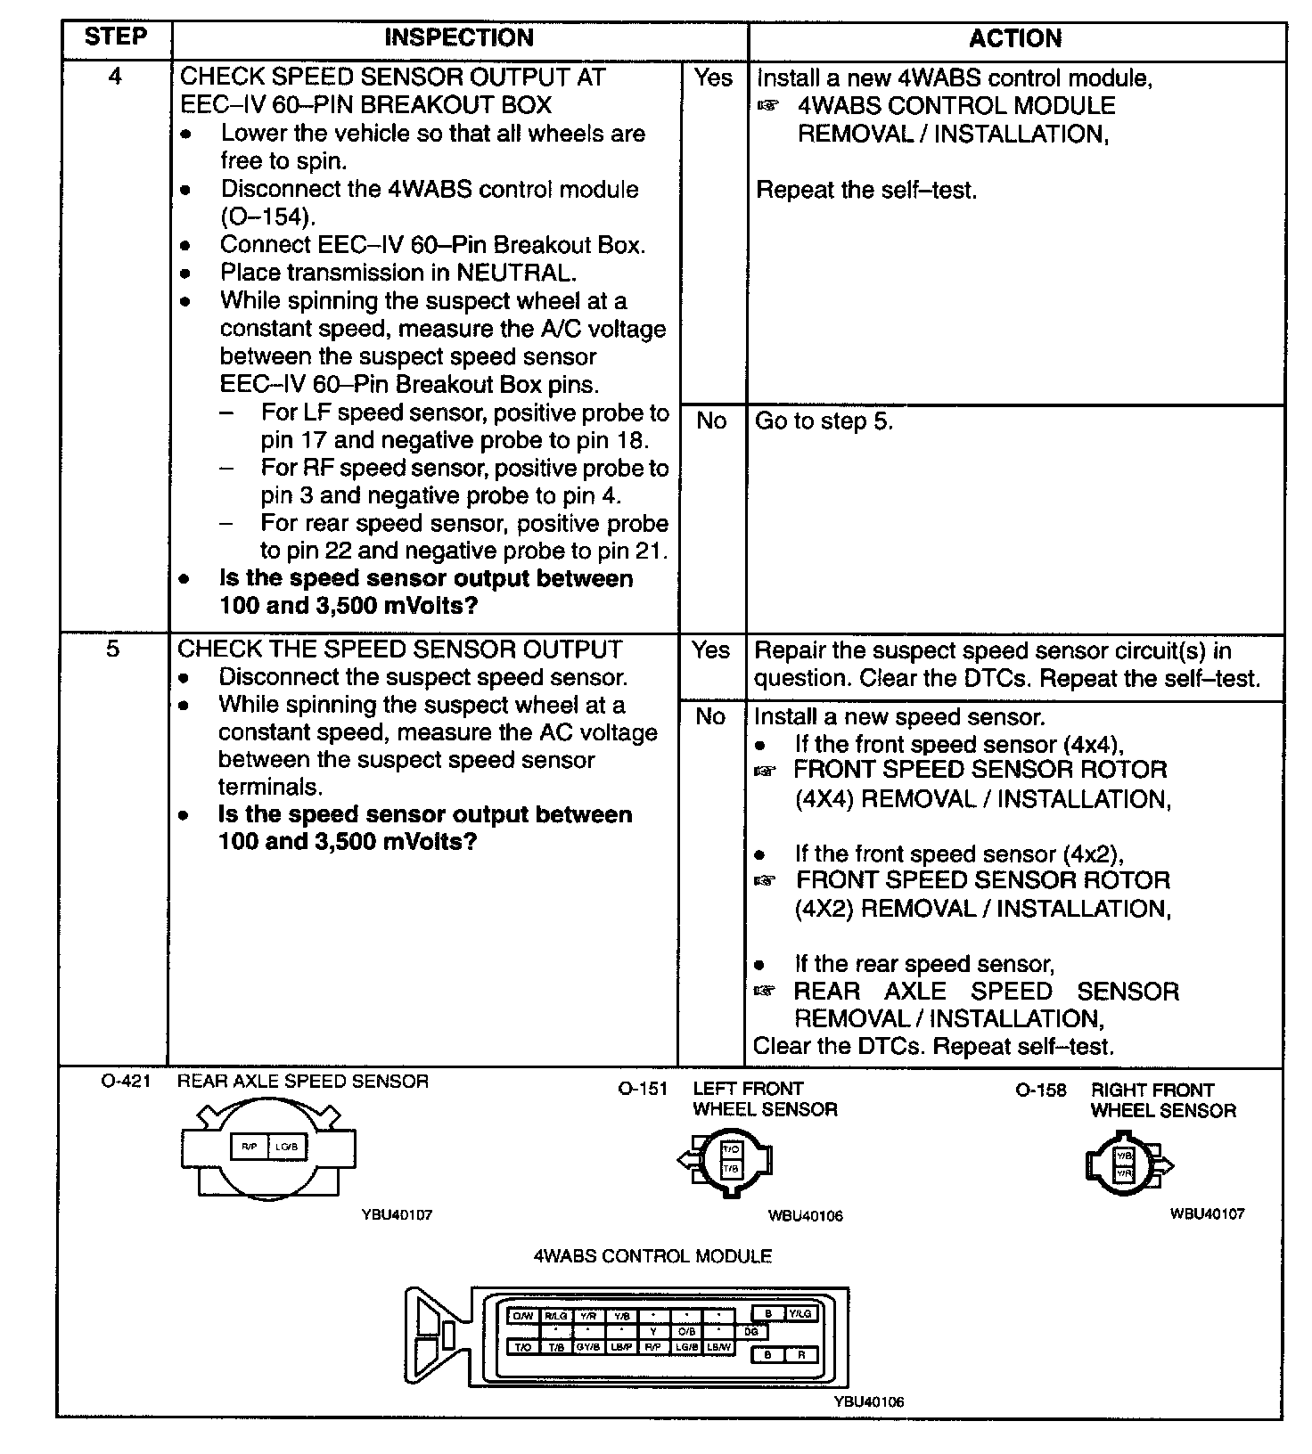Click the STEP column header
tap(115, 37)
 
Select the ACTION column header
tap(1015, 38)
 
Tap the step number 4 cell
tap(115, 77)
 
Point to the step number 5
tap(113, 649)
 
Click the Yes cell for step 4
tap(712, 78)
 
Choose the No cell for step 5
tap(710, 717)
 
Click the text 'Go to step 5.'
tap(824, 421)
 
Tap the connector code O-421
tap(126, 1082)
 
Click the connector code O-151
tap(642, 1089)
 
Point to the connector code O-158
tap(1040, 1090)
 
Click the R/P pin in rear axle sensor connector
tap(250, 1147)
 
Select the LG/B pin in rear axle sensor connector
tap(286, 1147)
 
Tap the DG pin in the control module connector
tap(750, 1332)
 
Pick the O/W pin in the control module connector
tap(522, 1317)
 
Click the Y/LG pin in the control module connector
tap(800, 1313)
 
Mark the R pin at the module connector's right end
tap(800, 1355)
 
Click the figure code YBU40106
tap(868, 1402)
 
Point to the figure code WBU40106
tap(805, 1216)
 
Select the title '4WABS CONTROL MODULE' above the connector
tap(652, 1257)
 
